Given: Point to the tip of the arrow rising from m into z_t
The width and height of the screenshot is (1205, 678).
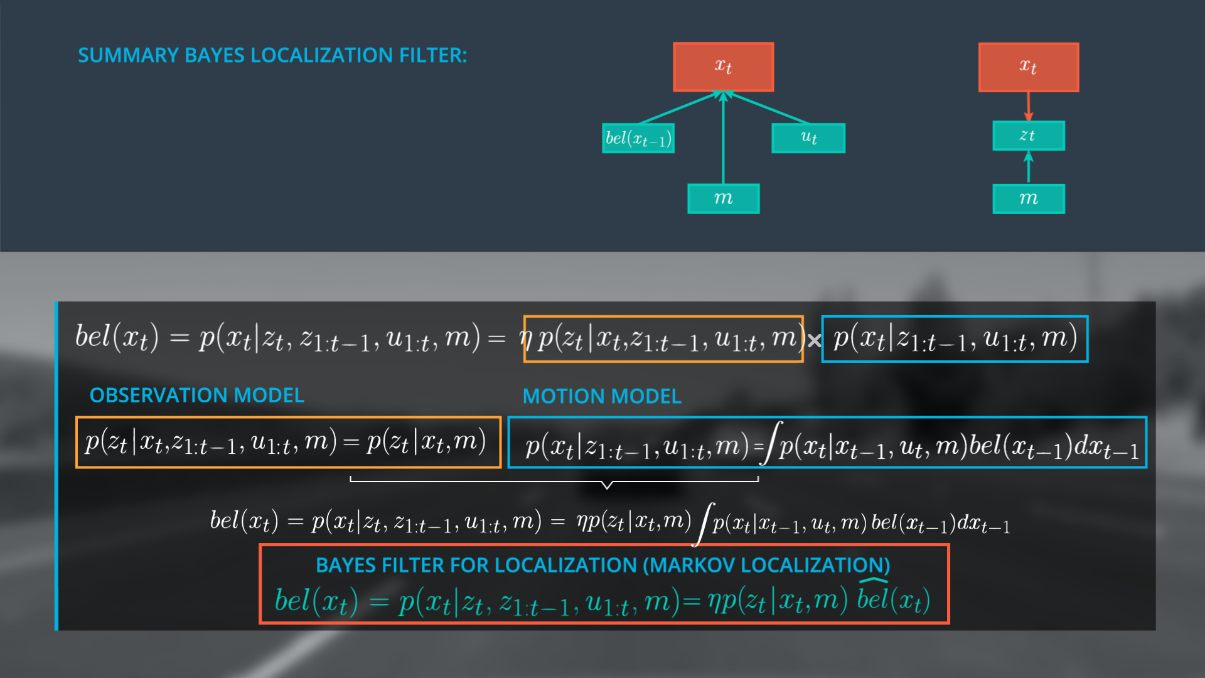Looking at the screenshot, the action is (1028, 152).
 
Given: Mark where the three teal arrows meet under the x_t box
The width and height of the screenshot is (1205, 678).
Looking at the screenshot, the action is (724, 93).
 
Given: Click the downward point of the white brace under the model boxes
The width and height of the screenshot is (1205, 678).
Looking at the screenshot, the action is (607, 488).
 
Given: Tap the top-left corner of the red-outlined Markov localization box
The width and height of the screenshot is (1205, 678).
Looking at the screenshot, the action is (260, 545).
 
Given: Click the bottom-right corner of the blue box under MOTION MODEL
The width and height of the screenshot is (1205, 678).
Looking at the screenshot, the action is (1147, 468).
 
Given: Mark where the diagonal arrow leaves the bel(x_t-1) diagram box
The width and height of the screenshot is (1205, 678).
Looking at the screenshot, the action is (640, 123).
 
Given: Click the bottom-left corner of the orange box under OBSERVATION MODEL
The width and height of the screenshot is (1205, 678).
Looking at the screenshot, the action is (76, 468).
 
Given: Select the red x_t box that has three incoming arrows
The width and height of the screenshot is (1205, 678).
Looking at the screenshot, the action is (724, 67).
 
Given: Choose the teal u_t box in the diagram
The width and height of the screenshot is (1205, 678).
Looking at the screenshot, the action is (808, 138).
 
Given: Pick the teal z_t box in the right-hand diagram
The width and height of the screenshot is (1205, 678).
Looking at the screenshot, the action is (1028, 136).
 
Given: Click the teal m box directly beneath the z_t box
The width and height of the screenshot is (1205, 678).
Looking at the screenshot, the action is (1028, 199).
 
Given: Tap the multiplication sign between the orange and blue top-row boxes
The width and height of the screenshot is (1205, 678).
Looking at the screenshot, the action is (814, 341).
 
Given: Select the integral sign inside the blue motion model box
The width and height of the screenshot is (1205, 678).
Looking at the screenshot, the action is (771, 443).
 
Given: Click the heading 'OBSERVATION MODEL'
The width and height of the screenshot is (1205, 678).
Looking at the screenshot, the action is (196, 395).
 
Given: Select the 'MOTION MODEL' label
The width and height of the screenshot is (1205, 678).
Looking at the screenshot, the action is (602, 397).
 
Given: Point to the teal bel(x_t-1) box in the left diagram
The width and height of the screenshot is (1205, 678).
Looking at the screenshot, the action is (638, 138).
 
